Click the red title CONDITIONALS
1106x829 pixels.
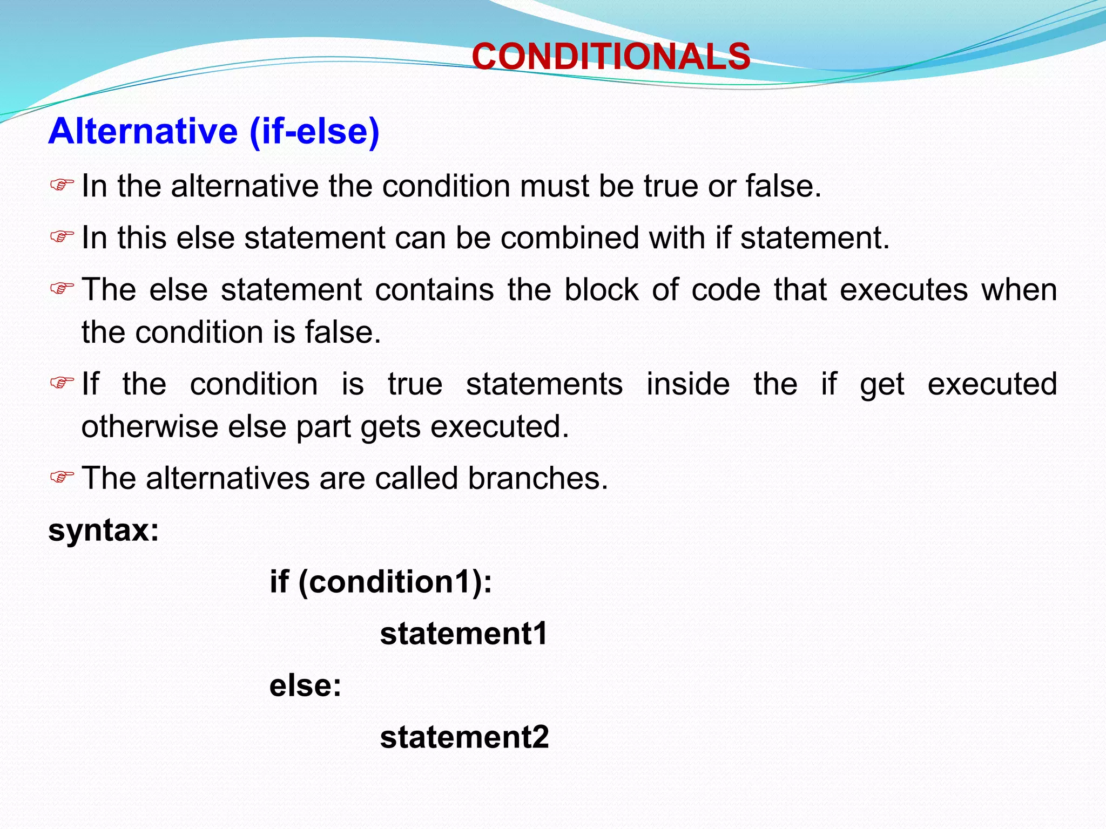click(x=611, y=57)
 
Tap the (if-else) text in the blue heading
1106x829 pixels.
click(x=315, y=131)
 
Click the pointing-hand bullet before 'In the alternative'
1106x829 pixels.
click(x=62, y=186)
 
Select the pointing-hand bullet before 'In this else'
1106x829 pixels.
click(x=62, y=237)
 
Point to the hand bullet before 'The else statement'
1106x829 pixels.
click(x=62, y=289)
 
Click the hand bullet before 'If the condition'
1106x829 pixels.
click(x=62, y=383)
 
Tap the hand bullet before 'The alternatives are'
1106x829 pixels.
click(x=62, y=478)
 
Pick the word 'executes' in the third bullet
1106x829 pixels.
click(x=904, y=290)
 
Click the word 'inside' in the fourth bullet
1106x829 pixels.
click(x=688, y=384)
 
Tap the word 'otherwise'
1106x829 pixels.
click(x=150, y=426)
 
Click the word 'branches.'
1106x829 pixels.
click(x=538, y=478)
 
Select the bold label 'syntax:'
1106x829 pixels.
click(x=104, y=531)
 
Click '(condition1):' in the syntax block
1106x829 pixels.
click(x=395, y=582)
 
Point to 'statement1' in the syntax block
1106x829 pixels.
click(x=464, y=634)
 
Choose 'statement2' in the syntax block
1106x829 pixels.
click(x=464, y=737)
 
